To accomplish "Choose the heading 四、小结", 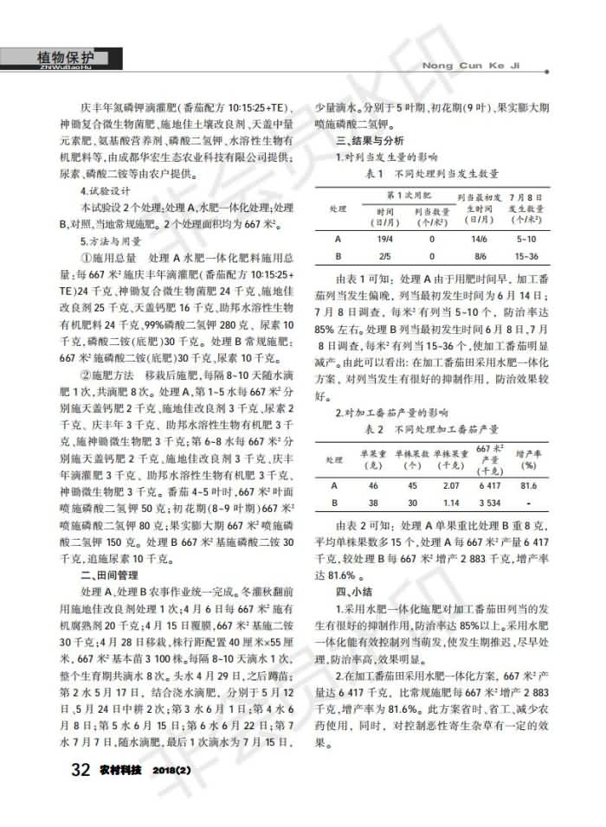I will tap(358, 593).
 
